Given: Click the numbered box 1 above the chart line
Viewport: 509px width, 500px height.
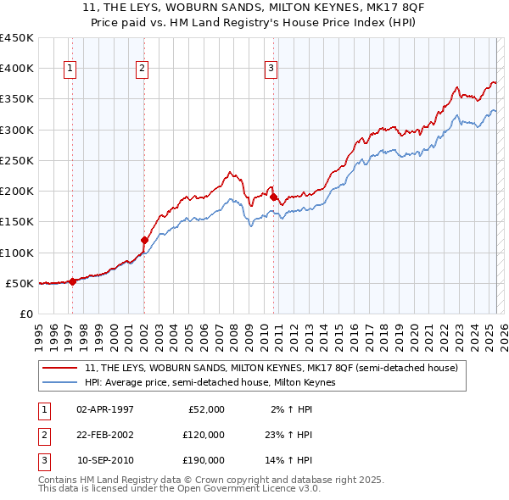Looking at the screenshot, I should point(70,69).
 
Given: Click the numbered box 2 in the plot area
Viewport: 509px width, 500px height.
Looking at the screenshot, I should point(143,69).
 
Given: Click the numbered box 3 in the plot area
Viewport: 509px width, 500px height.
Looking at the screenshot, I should point(270,69).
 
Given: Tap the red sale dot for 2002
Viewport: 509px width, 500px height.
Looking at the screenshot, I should point(144,240).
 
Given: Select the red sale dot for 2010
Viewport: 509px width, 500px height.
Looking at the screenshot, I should point(273,197).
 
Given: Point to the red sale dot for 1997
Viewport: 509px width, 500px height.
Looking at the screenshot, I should point(72,282).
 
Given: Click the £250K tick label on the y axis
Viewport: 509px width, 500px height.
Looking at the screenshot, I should point(17,160).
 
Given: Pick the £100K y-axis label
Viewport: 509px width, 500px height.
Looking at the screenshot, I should point(17,253).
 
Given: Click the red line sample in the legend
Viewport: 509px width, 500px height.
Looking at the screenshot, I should point(61,368).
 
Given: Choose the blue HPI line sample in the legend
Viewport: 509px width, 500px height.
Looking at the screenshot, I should point(61,382).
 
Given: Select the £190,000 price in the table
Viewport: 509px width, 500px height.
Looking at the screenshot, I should point(203,460).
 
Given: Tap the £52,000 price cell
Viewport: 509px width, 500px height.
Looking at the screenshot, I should point(205,409).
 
